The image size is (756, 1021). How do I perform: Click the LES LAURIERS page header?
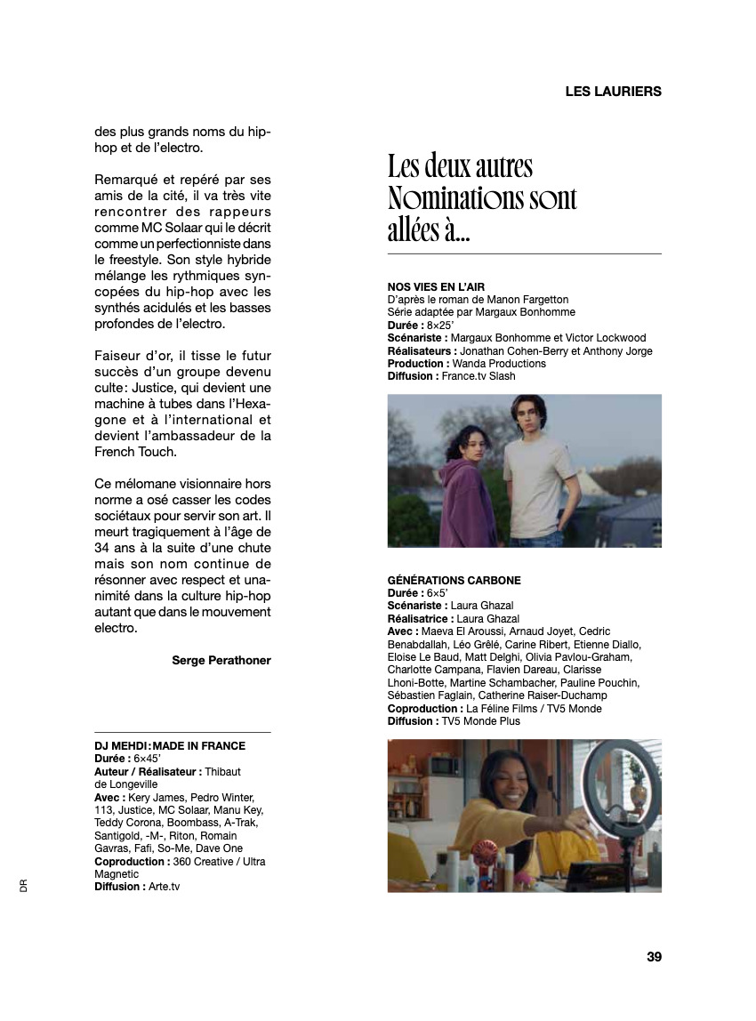pyautogui.click(x=613, y=91)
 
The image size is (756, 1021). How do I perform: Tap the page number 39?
pyautogui.click(x=654, y=957)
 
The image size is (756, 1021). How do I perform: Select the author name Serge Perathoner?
pyautogui.click(x=221, y=660)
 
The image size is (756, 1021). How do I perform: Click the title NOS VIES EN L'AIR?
pyautogui.click(x=436, y=287)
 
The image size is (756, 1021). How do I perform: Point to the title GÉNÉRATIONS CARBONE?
pyautogui.click(x=454, y=581)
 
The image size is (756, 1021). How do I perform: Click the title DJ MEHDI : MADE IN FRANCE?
pyautogui.click(x=170, y=746)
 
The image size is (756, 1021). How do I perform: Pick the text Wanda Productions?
pyautogui.click(x=499, y=364)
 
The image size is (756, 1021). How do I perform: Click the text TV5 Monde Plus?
pyautogui.click(x=480, y=721)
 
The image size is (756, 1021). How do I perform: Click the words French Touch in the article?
pyautogui.click(x=135, y=452)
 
